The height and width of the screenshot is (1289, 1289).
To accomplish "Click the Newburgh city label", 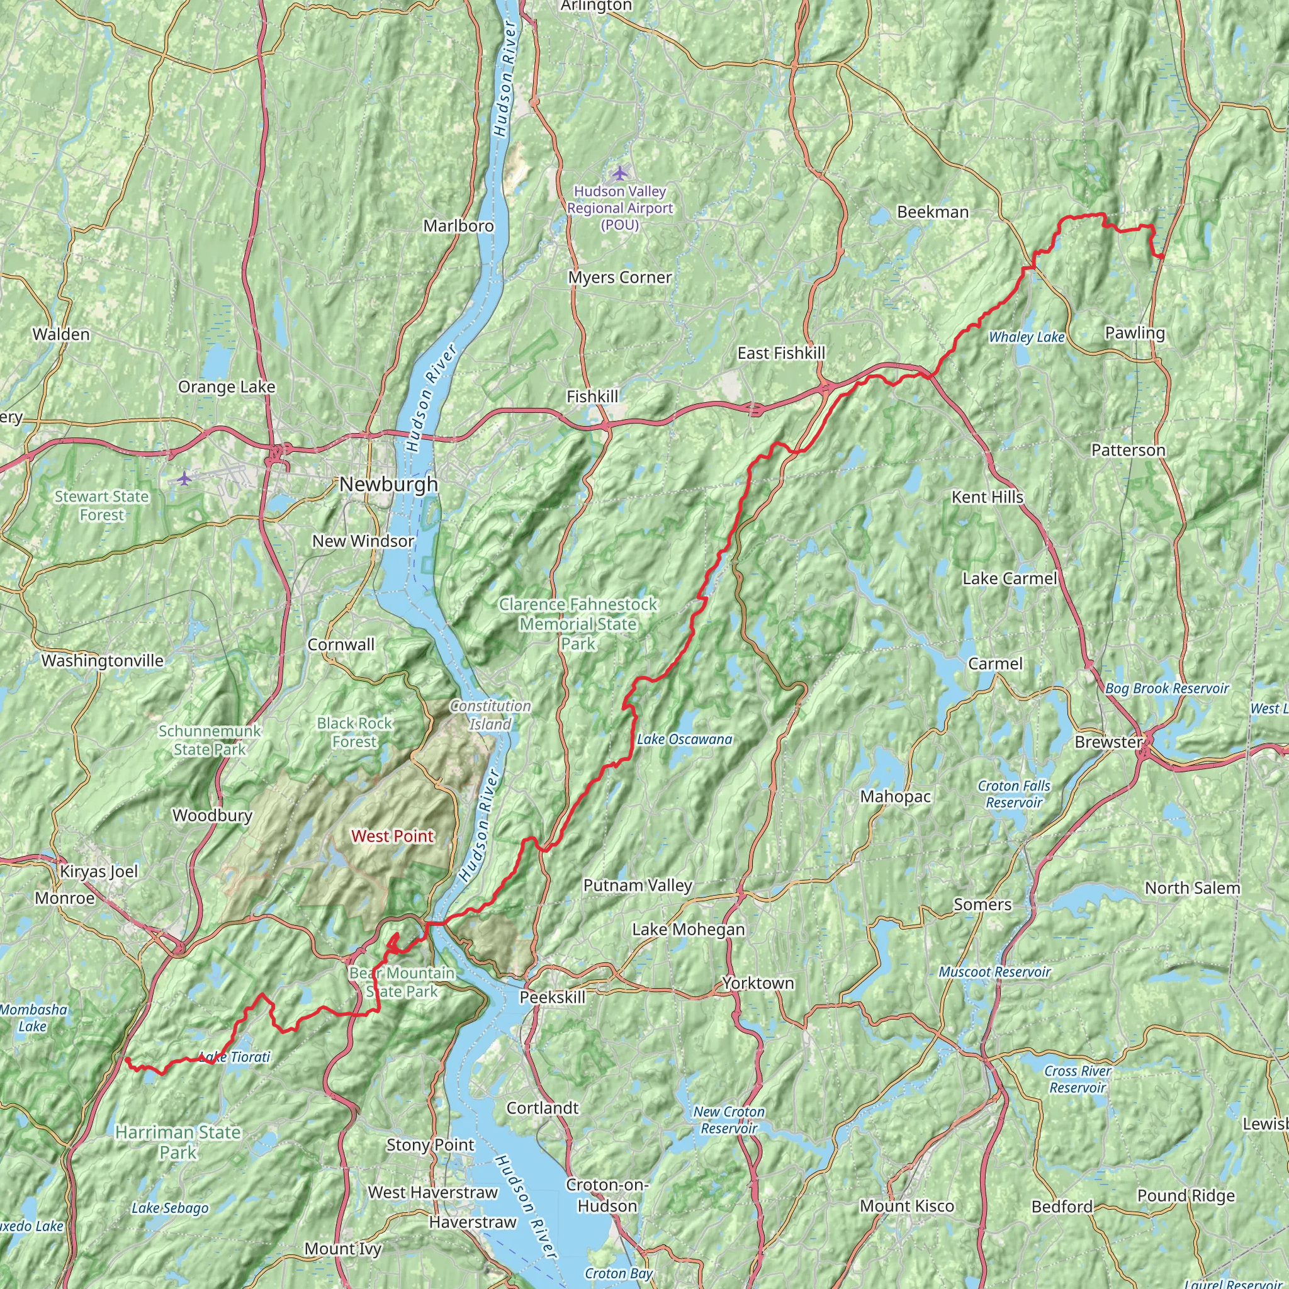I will click(x=388, y=485).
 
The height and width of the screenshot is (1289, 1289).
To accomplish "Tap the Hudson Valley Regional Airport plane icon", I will click(x=621, y=174).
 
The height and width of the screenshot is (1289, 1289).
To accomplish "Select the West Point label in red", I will click(x=392, y=836).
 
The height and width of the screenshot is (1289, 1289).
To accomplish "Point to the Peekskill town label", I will click(x=553, y=998).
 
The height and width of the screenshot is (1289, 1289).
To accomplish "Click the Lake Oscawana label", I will click(x=685, y=740).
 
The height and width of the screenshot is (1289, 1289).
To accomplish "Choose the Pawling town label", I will click(x=1135, y=332).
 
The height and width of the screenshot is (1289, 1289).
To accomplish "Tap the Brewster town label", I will click(x=1108, y=742).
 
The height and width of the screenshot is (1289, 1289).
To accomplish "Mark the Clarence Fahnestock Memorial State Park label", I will click(x=578, y=624).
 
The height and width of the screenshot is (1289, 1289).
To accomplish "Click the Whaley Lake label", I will click(x=1026, y=337).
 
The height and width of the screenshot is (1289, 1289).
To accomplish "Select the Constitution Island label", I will click(x=490, y=714).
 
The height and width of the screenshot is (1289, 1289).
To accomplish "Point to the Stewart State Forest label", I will click(x=101, y=506).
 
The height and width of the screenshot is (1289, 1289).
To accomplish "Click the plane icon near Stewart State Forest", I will click(x=184, y=478).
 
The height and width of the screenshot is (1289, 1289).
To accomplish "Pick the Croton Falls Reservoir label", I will click(x=1014, y=794).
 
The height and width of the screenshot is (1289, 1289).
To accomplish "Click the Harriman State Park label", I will click(x=178, y=1142).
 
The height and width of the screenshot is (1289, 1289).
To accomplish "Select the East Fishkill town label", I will click(x=781, y=353).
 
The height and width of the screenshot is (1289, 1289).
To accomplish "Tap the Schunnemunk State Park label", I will click(x=210, y=740).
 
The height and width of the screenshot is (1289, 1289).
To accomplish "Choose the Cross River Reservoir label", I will click(x=1078, y=1079).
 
